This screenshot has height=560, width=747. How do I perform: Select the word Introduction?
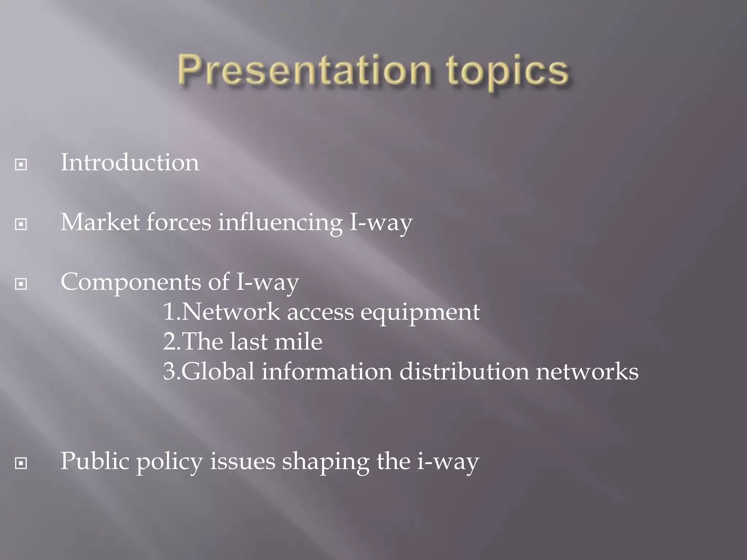[130, 162]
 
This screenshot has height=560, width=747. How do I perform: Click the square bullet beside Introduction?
[21, 164]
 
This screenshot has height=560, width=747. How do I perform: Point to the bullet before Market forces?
[21, 224]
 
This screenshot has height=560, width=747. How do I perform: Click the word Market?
[100, 222]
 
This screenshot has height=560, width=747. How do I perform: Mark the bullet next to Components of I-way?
[21, 284]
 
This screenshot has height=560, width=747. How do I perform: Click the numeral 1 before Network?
[169, 312]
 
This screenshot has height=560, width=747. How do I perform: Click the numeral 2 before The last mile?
[170, 342]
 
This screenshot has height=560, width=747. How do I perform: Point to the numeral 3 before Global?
[170, 372]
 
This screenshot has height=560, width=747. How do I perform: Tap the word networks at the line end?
[587, 372]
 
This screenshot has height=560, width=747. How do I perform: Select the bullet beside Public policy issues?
[21, 463]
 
